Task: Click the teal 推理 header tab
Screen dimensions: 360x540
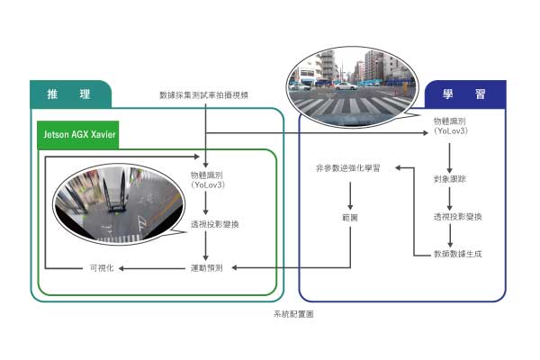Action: [68, 94]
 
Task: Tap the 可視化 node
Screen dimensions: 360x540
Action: [100, 267]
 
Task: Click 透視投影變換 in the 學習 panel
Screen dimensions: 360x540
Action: [457, 217]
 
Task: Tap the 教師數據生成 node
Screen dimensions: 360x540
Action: [457, 255]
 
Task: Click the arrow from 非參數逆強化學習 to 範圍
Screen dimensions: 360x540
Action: [350, 193]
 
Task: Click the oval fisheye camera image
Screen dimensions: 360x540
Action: [111, 201]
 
